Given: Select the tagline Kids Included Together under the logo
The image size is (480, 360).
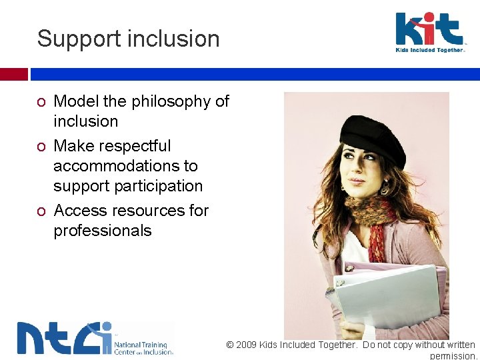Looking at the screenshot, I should (x=430, y=50).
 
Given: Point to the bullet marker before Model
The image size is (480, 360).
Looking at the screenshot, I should (x=41, y=102).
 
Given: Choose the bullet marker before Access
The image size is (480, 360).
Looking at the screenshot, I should (x=41, y=211).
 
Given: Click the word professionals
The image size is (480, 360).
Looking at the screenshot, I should (x=103, y=231).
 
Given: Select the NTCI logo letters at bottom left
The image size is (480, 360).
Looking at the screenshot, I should (x=64, y=338).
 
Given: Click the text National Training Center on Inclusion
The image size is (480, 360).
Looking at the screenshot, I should (x=143, y=347).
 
